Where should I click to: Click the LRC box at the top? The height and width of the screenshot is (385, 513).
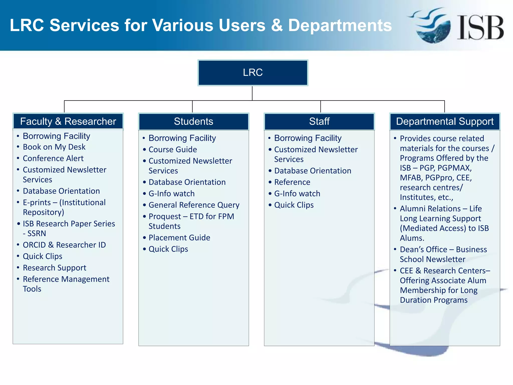click(252, 73)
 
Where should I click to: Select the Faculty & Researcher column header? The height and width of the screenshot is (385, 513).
click(68, 121)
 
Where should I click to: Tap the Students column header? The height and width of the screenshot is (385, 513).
click(193, 121)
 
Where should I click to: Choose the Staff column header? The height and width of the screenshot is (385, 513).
click(319, 121)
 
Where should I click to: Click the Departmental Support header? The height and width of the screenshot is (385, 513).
click(445, 121)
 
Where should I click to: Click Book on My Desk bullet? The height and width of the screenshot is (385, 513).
click(54, 147)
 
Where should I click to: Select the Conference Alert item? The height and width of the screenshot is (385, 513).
click(53, 158)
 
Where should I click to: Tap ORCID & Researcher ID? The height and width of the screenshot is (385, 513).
click(64, 245)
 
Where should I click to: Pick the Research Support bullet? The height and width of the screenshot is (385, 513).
click(54, 268)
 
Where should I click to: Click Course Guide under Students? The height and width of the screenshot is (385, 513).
click(173, 149)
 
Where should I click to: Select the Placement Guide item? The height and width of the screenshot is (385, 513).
click(179, 238)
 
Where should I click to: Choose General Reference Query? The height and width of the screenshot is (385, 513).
click(194, 205)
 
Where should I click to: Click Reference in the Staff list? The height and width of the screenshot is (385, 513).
click(292, 182)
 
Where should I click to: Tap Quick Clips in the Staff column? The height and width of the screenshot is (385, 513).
click(294, 205)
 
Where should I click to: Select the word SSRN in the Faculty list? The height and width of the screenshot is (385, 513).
click(37, 234)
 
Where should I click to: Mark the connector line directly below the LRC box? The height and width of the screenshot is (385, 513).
click(252, 93)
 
